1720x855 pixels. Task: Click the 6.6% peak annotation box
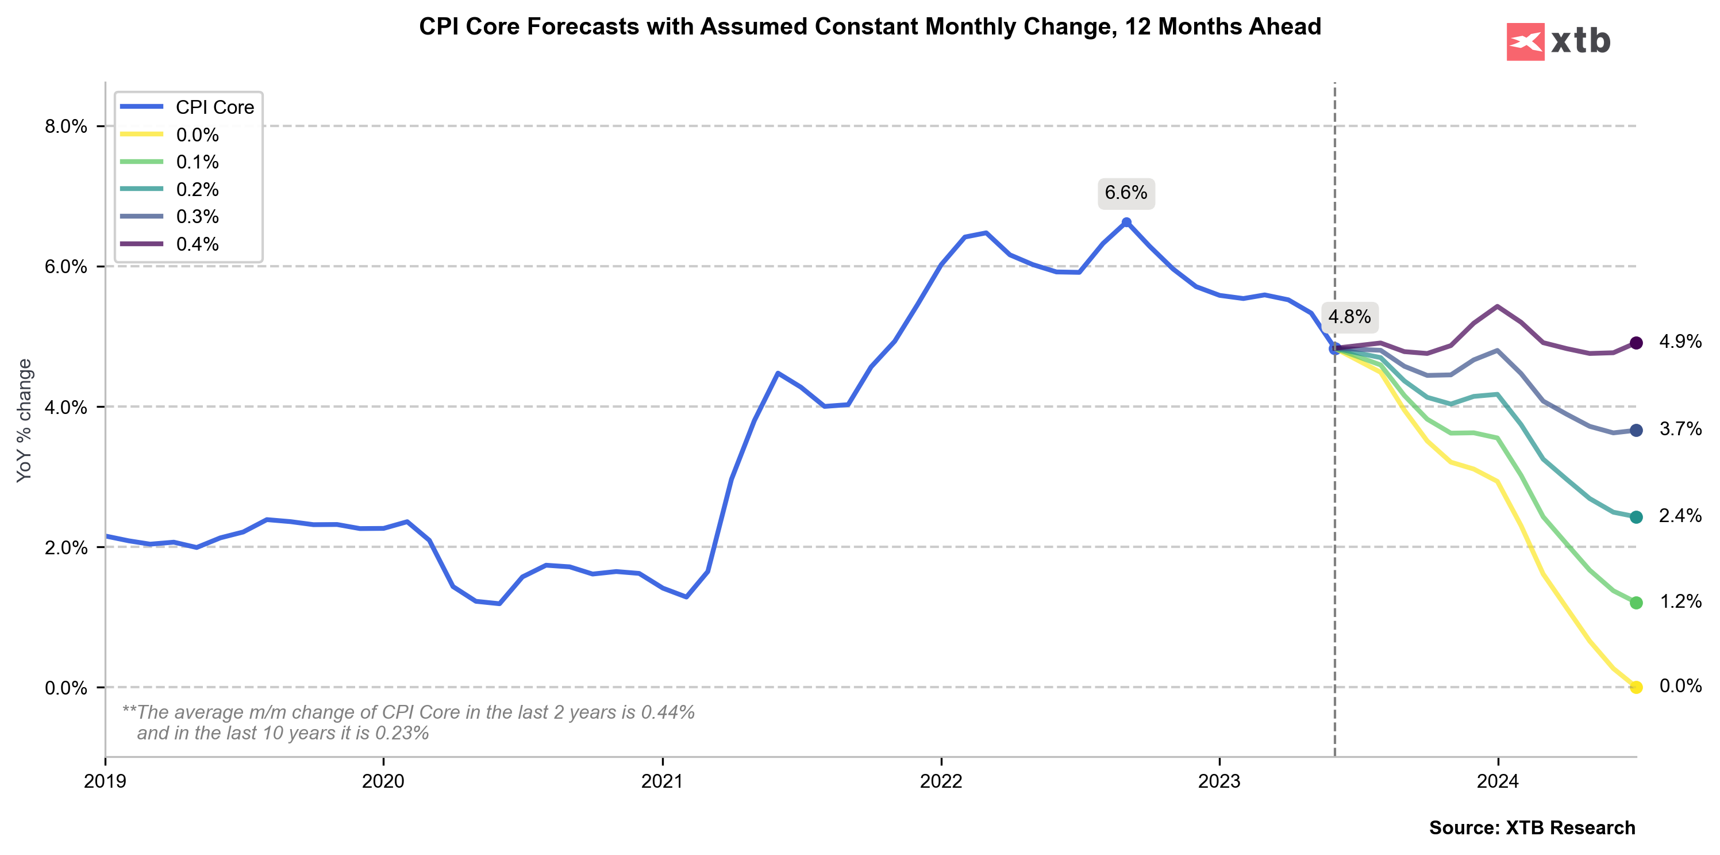pyautogui.click(x=1126, y=193)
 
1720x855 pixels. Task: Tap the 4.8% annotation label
pyautogui.click(x=1349, y=317)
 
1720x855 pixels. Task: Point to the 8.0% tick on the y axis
pyautogui.click(x=66, y=126)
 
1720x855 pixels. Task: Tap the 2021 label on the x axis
pyautogui.click(x=661, y=781)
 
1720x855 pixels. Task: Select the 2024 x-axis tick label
pyautogui.click(x=1498, y=781)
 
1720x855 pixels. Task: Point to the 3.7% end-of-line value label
pyautogui.click(x=1680, y=430)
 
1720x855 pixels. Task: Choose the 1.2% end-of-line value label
pyautogui.click(x=1680, y=602)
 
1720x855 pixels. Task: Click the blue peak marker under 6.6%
pyautogui.click(x=1126, y=223)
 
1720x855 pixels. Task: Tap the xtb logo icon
pyautogui.click(x=1525, y=41)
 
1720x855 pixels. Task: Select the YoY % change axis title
pyautogui.click(x=25, y=421)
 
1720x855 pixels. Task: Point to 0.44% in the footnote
pyautogui.click(x=668, y=713)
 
